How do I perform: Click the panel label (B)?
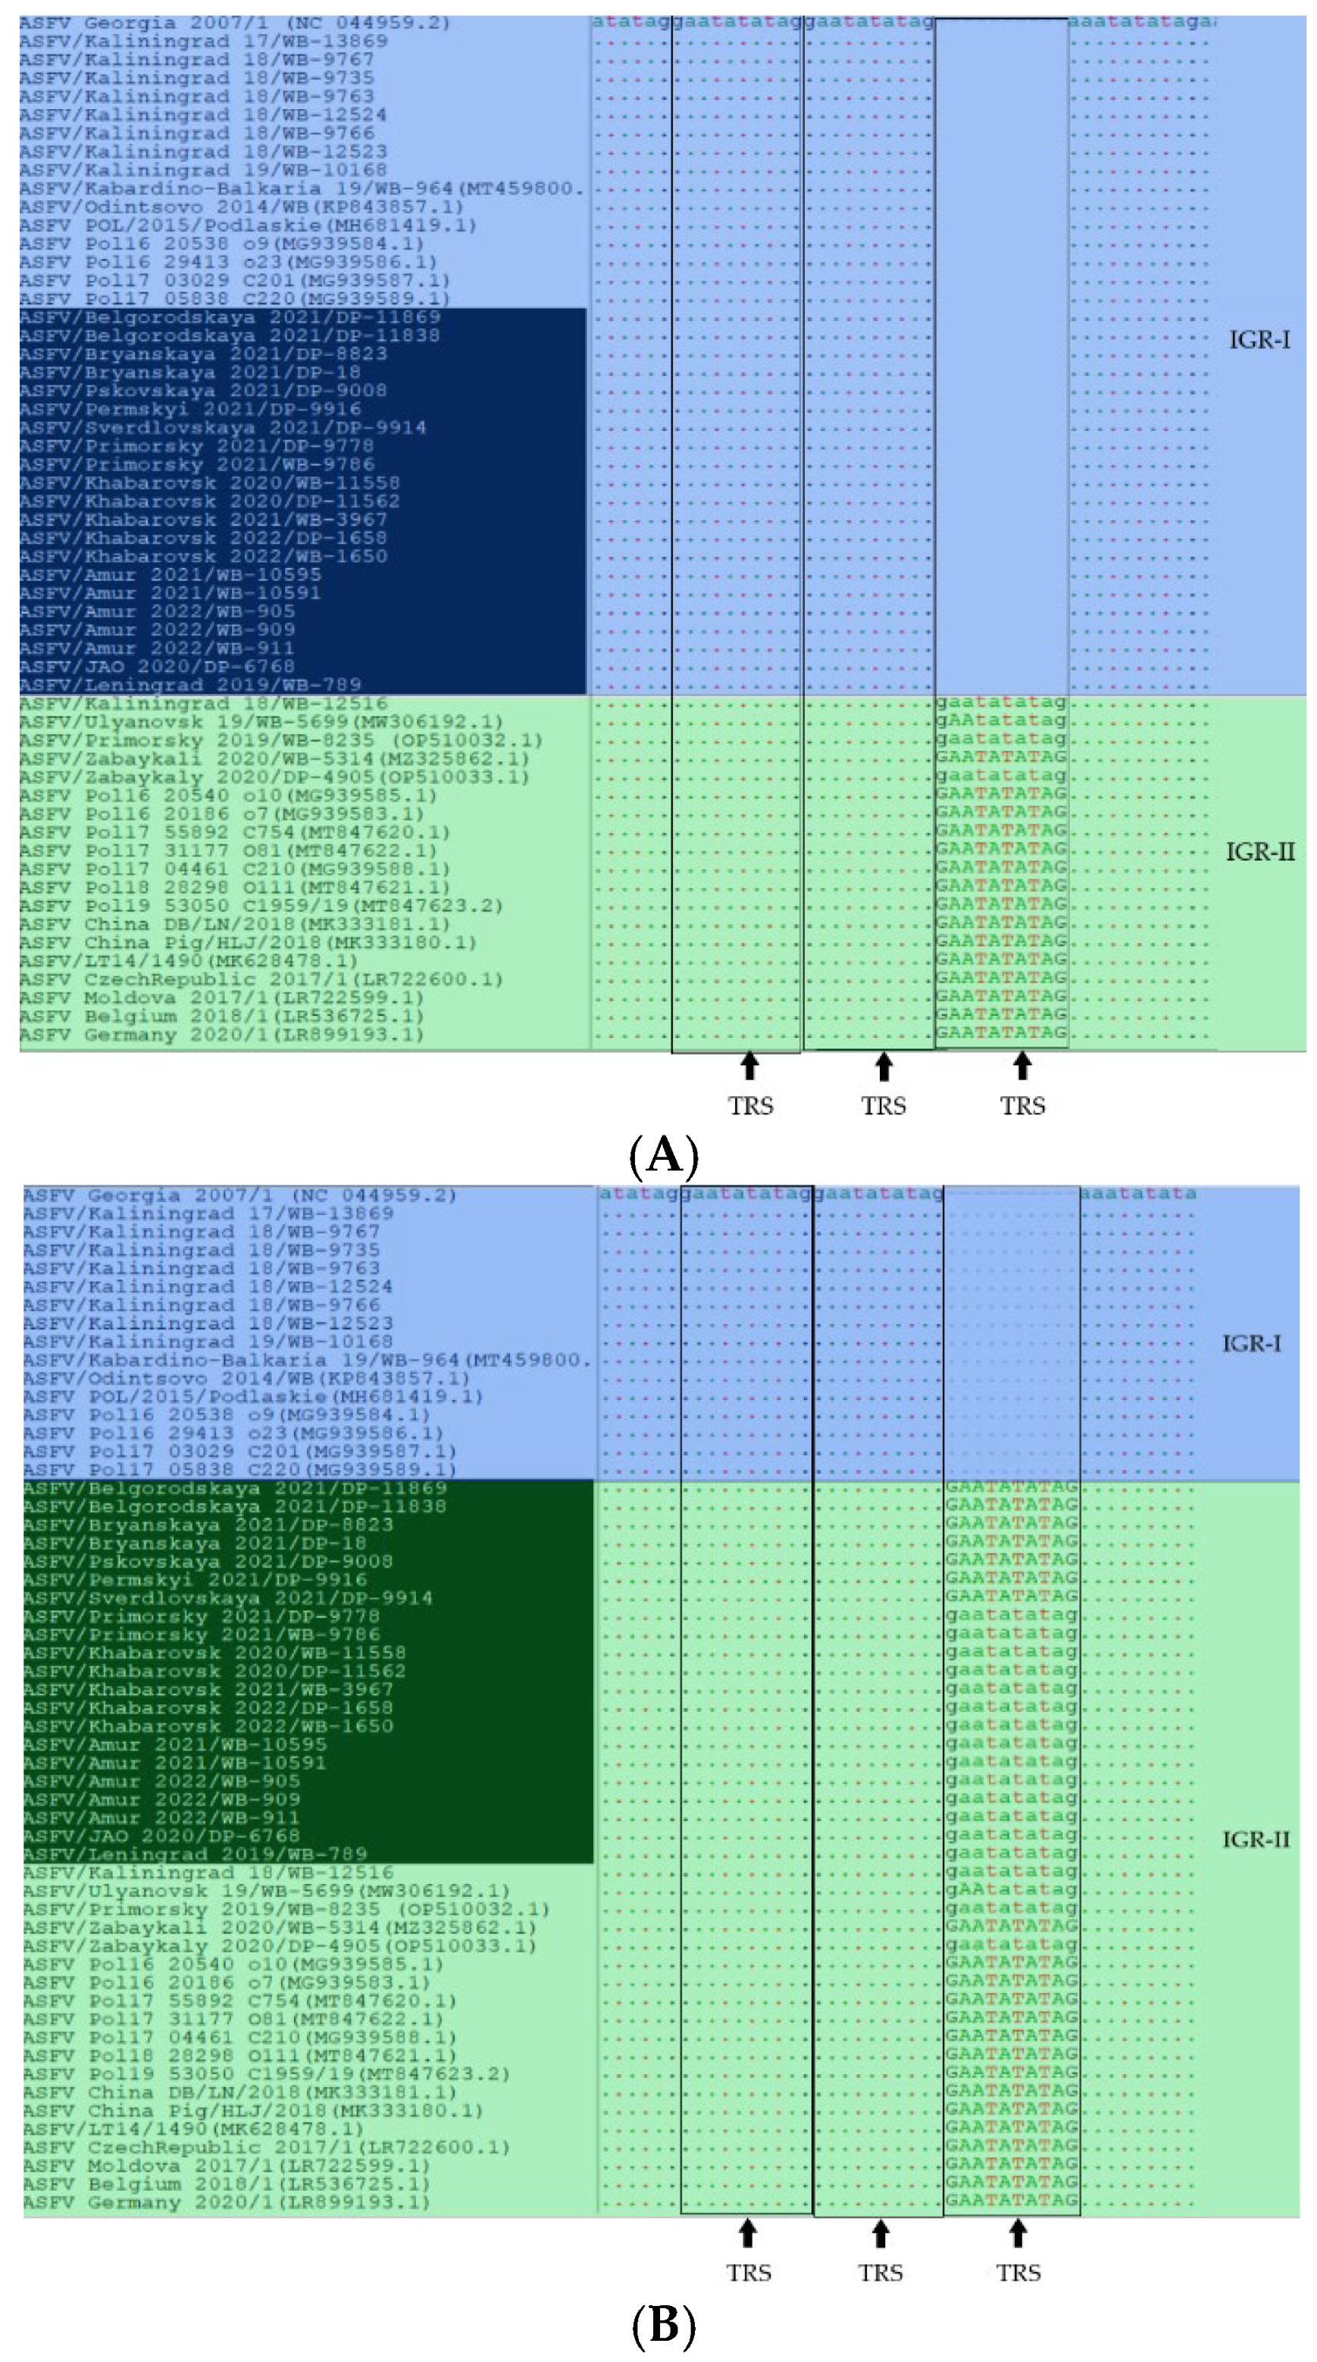pos(664,2326)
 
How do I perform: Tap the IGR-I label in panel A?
pos(1259,340)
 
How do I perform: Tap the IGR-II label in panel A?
pos(1260,851)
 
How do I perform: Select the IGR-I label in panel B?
pos(1251,1343)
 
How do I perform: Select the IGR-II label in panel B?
pos(1256,1839)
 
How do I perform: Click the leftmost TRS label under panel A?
pos(750,1106)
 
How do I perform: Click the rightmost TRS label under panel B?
pos(1018,2273)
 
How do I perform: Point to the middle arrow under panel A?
pos(884,1067)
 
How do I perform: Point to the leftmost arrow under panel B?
pos(747,2234)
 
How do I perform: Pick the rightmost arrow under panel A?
pos(1022,1067)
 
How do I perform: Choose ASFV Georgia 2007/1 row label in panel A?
pos(235,23)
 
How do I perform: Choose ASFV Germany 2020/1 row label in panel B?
pos(227,2202)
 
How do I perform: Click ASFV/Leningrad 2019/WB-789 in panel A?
pos(190,685)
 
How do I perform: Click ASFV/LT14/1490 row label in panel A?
pos(188,961)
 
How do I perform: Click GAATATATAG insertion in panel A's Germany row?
pos(1000,1033)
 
